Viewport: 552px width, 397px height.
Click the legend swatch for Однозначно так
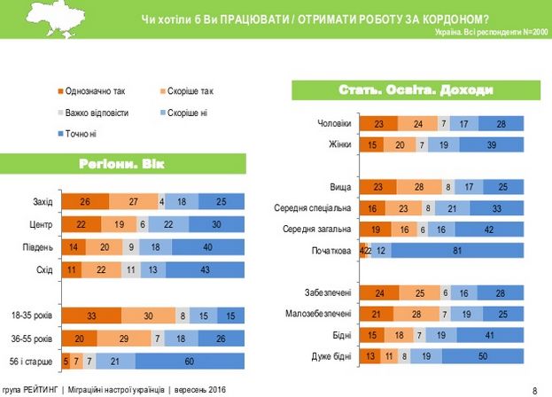pyautogui.click(x=59, y=90)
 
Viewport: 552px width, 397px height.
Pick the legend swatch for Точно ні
pyautogui.click(x=59, y=133)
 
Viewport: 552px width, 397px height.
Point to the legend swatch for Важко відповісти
pyautogui.click(x=59, y=112)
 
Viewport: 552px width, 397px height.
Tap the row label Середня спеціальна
pyautogui.click(x=315, y=208)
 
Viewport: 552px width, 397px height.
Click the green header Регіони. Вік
pyautogui.click(x=122, y=163)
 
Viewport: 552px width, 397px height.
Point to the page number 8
pyautogui.click(x=534, y=389)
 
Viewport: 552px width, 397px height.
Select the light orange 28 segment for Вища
pyautogui.click(x=419, y=188)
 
